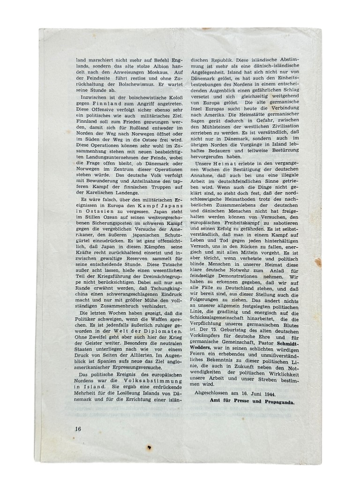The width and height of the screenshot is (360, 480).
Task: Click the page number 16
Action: pyautogui.click(x=78, y=427)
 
